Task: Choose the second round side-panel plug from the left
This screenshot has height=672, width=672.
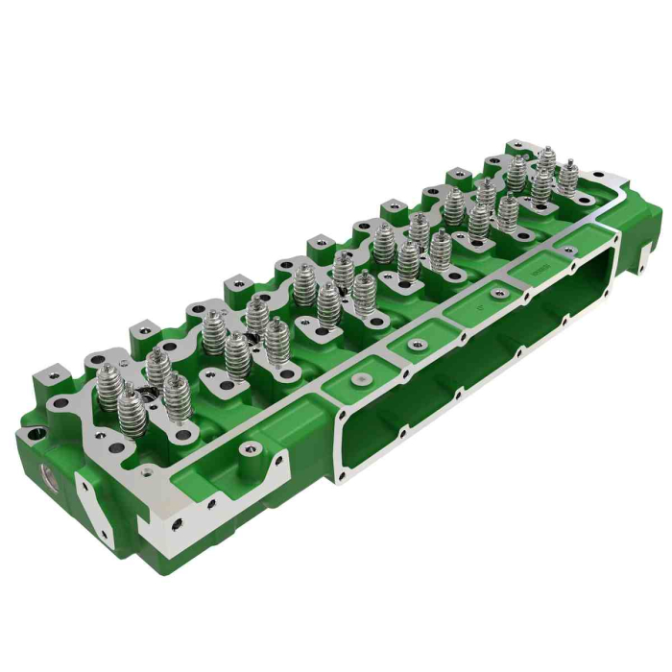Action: pyautogui.click(x=416, y=344)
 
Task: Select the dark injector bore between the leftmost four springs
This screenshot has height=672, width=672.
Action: pyautogui.click(x=146, y=393)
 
